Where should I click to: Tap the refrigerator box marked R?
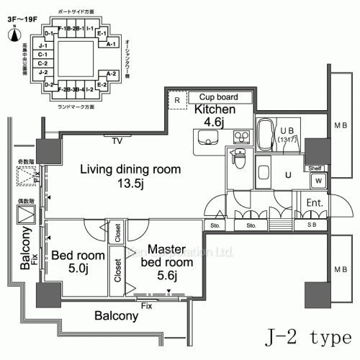(176, 100)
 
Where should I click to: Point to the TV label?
(117, 141)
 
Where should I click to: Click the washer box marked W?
(317, 180)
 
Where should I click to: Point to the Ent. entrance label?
(314, 204)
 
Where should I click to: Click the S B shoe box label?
(312, 225)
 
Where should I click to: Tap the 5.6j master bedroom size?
(167, 275)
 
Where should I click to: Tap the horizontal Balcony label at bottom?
(115, 316)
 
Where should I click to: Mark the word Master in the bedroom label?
(166, 249)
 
